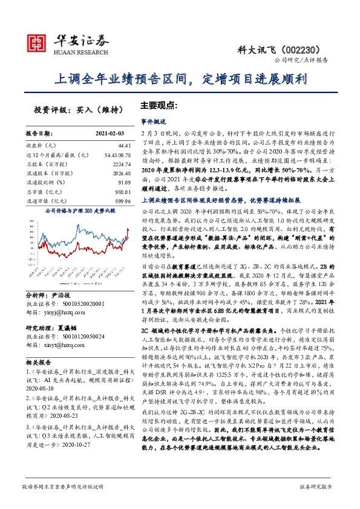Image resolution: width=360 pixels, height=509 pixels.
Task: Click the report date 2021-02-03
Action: click(x=110, y=133)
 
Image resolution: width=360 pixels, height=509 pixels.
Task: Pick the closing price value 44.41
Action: click(x=124, y=146)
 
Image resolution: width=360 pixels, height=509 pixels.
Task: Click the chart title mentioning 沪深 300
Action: click(x=76, y=212)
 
